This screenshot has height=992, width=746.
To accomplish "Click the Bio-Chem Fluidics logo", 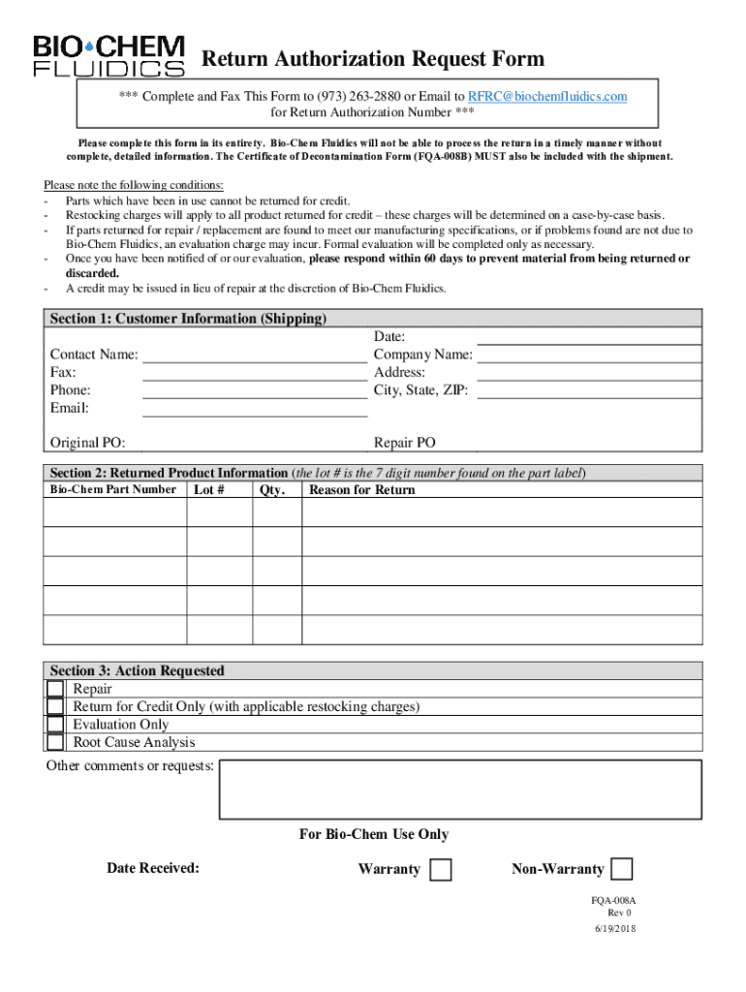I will coord(109,56).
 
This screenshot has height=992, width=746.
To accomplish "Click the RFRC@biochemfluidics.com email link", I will coord(547,96).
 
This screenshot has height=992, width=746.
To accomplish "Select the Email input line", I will coord(255,407).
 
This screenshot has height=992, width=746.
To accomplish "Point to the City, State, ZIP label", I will coord(421,390).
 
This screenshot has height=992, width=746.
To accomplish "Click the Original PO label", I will coord(87,443).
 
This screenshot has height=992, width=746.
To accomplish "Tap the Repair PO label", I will coord(405,443).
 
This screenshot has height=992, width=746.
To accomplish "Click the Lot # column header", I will coord(209,489).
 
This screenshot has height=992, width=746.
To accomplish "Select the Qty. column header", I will coord(272,489).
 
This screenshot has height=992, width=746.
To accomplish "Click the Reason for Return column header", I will coord(361,489).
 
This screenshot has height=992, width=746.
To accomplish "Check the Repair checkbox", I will coord(55,689).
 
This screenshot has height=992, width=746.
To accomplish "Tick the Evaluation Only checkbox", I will coord(55,725).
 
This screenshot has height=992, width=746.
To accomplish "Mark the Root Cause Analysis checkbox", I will coord(55,742).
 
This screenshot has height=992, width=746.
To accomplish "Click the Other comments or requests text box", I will coord(460,790).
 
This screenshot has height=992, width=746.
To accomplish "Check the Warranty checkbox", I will coord(440,870).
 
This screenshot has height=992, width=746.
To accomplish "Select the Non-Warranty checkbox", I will coord(622,869).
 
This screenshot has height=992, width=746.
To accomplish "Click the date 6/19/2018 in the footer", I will coord(615,928).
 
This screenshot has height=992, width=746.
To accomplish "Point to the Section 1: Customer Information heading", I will coord(188,319).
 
